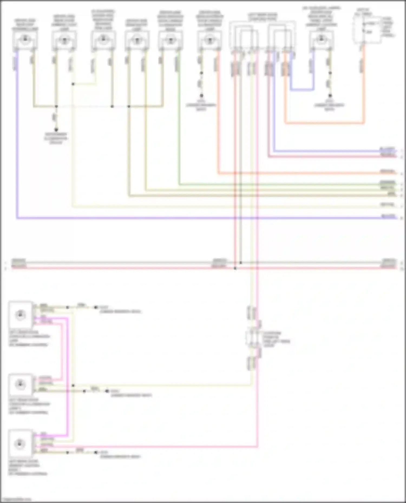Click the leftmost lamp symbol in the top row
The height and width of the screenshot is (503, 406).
coord(25,40)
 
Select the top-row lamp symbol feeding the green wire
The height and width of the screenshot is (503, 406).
coord(170,40)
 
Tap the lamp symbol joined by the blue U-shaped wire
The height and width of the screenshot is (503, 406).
coord(321,39)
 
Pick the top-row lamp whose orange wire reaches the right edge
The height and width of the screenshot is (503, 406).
coord(209,40)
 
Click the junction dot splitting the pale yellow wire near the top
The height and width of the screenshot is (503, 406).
coord(73,84)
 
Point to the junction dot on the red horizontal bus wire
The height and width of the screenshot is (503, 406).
coord(235,268)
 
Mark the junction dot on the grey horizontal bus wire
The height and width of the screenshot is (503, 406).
coord(241,263)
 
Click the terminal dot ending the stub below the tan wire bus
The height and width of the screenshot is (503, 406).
coord(56,129)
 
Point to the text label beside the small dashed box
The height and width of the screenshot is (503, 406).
coord(276,339)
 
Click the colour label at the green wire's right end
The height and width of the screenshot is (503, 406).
coord(388,183)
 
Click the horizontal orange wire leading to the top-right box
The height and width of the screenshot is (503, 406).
coord(325,123)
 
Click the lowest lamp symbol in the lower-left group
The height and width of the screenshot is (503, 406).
coord(20,444)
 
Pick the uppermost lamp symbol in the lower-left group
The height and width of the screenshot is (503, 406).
coord(20,315)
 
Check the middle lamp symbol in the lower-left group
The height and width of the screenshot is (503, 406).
coord(20,384)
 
